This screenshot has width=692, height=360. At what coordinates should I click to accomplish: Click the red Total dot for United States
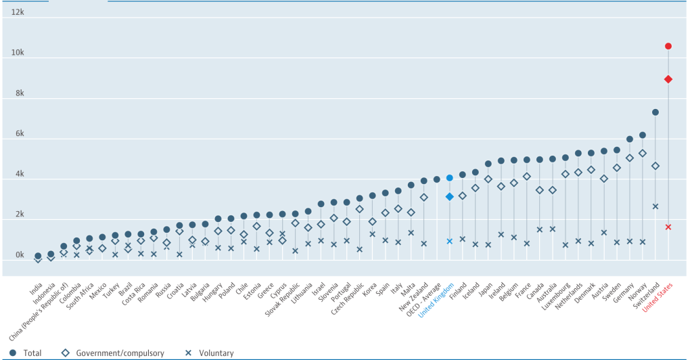pos(668,46)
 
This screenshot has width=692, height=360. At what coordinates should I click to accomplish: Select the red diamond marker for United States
pos(668,79)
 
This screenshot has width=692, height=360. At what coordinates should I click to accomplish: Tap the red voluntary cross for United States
pos(668,227)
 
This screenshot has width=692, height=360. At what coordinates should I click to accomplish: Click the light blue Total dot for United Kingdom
pos(449,178)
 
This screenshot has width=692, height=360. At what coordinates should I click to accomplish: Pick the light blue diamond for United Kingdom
pos(449,197)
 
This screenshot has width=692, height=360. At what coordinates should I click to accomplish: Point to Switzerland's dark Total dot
pos(655,112)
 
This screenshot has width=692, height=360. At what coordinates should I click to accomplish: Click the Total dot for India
pos(38,256)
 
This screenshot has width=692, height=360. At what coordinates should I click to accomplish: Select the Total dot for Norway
pos(642,135)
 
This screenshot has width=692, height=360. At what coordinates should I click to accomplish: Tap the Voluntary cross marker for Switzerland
pos(655,206)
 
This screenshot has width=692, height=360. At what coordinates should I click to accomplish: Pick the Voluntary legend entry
pos(210,353)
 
